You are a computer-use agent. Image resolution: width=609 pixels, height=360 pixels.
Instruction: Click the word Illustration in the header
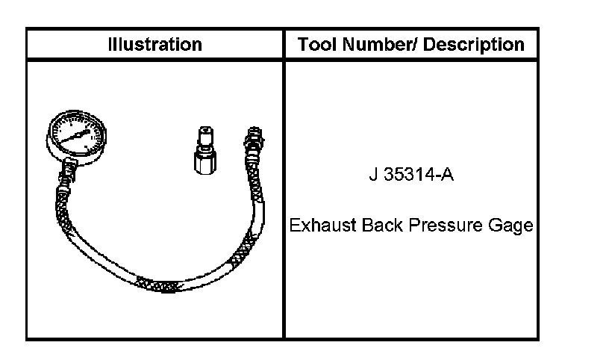(155, 44)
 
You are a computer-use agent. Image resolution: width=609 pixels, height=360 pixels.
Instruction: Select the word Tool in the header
(316, 44)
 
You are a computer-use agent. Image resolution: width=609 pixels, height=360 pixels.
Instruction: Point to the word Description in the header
(473, 45)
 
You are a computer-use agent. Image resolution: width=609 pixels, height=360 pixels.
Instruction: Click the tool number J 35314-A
(411, 175)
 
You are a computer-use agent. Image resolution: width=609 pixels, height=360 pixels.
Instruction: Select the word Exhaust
(322, 226)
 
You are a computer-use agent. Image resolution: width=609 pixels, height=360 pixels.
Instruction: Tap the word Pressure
(446, 226)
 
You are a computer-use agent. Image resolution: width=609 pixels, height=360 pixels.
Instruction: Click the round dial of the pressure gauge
(76, 135)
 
